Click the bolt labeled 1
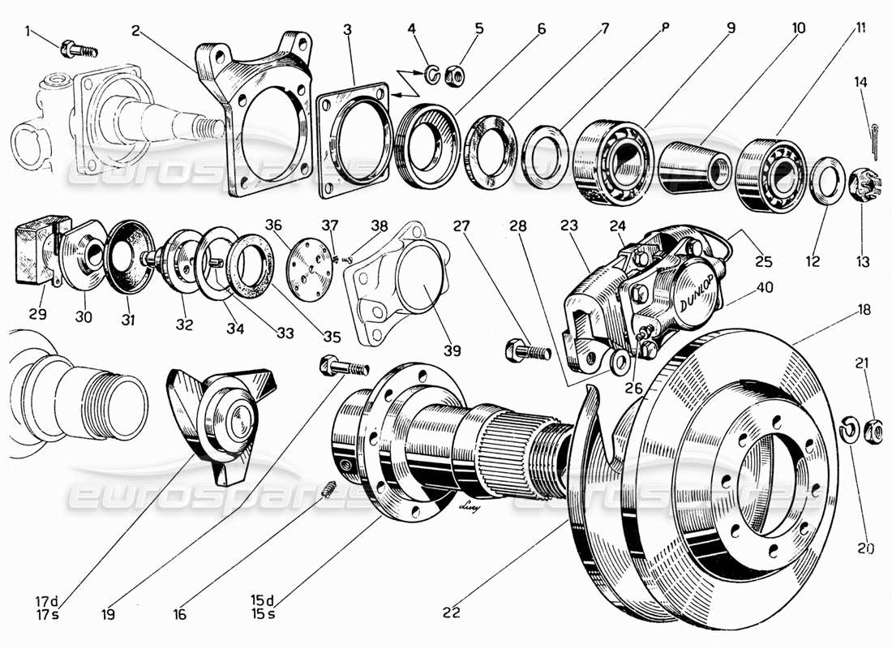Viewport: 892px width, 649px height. (79, 49)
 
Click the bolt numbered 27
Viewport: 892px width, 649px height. (528, 351)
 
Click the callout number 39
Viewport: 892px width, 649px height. (452, 351)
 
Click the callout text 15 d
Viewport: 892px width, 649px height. (260, 600)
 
